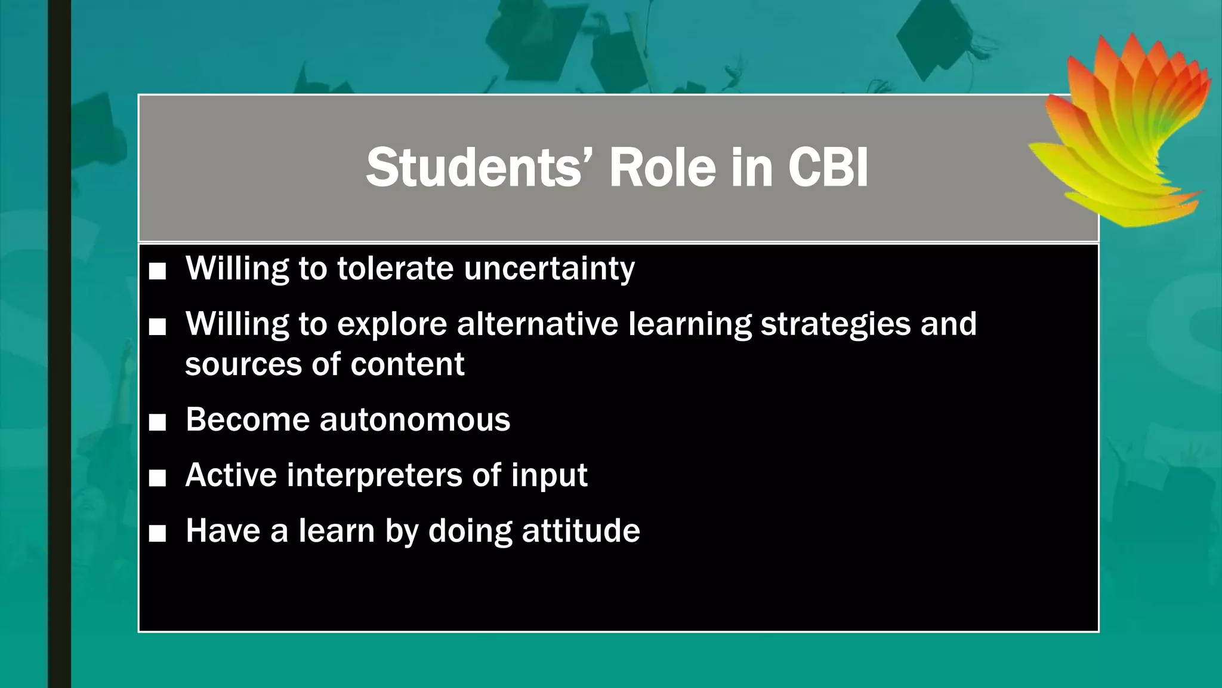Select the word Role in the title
coord(662,168)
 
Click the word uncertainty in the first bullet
coord(549,268)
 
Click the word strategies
coord(835,325)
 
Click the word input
coord(549,476)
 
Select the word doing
coord(470,532)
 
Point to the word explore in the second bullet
coord(391,325)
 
